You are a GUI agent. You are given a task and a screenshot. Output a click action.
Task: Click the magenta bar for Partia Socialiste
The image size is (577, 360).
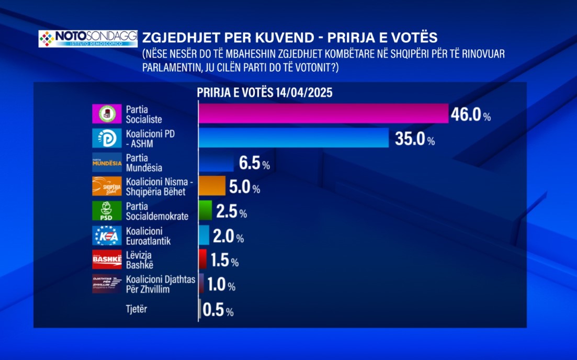(x=323, y=114)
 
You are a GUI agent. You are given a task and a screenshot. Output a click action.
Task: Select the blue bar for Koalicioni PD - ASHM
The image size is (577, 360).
(x=293, y=138)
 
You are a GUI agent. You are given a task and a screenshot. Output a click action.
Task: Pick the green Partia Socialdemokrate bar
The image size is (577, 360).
(x=206, y=211)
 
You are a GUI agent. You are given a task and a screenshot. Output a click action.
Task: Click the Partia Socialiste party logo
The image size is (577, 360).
(x=107, y=114)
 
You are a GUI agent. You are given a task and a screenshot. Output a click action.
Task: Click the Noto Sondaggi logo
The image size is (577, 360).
(x=87, y=39)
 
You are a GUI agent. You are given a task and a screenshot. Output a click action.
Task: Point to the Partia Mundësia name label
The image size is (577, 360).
(x=137, y=163)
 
